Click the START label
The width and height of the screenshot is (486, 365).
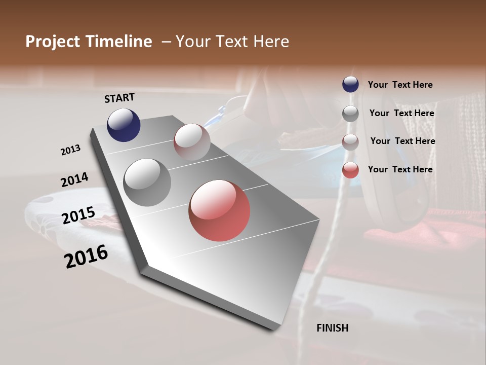click(x=119, y=98)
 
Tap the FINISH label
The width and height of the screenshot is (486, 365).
click(x=333, y=328)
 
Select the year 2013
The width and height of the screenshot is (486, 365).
click(x=70, y=150)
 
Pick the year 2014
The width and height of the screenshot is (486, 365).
click(x=74, y=179)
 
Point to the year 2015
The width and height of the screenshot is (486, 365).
click(x=78, y=215)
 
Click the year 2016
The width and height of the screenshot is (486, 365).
click(x=86, y=256)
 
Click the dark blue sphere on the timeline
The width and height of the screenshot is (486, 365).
click(x=124, y=125)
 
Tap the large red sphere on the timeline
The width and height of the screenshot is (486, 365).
click(x=219, y=210)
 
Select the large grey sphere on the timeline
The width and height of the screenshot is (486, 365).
click(x=147, y=182)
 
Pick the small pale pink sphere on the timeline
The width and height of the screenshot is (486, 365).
click(x=192, y=142)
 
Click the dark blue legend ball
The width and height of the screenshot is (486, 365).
click(x=350, y=84)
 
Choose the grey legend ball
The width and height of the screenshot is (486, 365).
click(x=350, y=114)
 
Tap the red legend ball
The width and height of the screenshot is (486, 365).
click(x=350, y=170)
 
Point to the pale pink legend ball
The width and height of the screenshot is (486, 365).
click(x=350, y=142)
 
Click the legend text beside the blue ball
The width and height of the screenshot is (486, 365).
click(x=400, y=85)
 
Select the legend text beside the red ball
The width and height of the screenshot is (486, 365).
click(x=400, y=169)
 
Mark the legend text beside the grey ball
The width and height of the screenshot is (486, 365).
click(x=401, y=113)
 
